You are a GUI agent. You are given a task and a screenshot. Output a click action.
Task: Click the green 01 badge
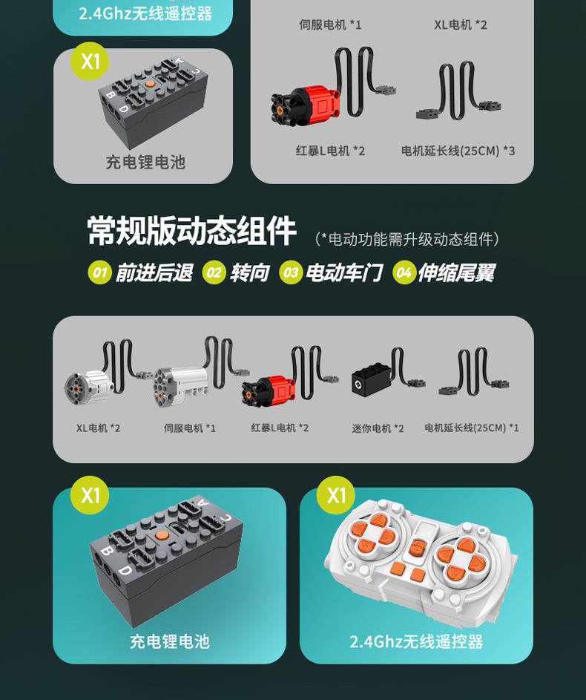(99, 272)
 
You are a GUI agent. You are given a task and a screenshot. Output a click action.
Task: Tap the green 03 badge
(291, 272)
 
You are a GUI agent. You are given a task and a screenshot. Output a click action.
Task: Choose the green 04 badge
(404, 272)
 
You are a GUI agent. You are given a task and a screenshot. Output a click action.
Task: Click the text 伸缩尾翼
(457, 272)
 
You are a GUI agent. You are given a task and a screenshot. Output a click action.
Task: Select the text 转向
(250, 272)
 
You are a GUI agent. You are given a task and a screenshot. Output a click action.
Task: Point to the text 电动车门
(344, 272)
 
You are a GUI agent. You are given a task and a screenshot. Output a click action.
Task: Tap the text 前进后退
(154, 272)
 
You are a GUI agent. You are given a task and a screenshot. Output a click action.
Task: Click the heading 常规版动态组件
(192, 231)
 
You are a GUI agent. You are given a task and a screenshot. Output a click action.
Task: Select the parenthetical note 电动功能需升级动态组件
(407, 239)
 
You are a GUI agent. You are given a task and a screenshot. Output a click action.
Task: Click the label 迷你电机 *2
(378, 428)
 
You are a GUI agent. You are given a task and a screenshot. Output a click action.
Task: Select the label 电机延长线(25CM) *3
(458, 151)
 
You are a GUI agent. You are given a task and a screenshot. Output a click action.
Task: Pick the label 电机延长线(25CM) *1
(471, 428)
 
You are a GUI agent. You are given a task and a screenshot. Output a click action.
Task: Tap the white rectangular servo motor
(180, 386)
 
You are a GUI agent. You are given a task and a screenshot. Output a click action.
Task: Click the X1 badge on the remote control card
(336, 495)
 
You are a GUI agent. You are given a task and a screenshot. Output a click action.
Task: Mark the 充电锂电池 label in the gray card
(145, 163)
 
